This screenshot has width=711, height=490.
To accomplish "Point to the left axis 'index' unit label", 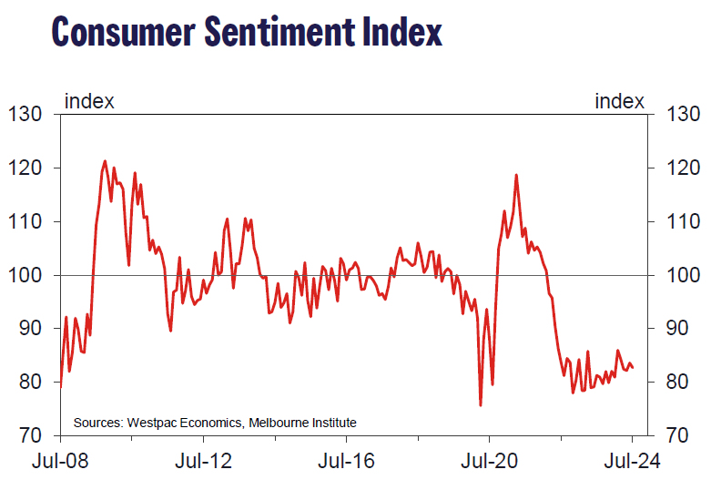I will pyautogui.click(x=89, y=100).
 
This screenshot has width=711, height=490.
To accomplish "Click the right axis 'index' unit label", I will pyautogui.click(x=619, y=100).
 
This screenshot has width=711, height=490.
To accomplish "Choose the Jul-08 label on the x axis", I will pyautogui.click(x=60, y=460).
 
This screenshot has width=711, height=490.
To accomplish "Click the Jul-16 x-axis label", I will pyautogui.click(x=345, y=460).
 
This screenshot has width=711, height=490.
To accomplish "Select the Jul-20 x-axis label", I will pyautogui.click(x=488, y=460).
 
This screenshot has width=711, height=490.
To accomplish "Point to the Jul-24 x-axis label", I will pyautogui.click(x=631, y=460).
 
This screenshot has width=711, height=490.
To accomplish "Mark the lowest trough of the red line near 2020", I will pyautogui.click(x=480, y=405).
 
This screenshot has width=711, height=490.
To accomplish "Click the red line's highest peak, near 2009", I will pyautogui.click(x=106, y=161).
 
